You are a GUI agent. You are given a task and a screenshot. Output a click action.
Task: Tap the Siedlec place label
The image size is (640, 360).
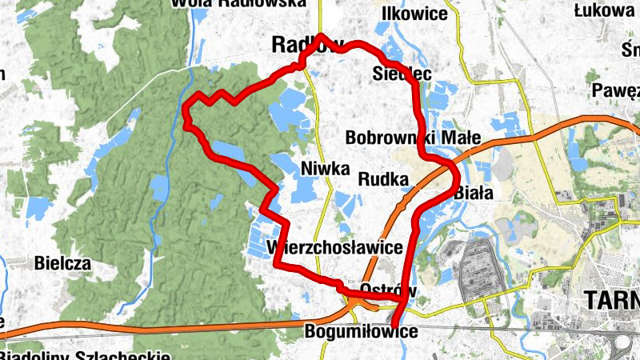tap(402, 74)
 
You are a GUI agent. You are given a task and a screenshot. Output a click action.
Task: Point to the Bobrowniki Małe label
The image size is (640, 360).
tap(413, 138)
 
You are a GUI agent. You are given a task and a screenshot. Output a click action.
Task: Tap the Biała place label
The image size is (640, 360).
tap(473, 192)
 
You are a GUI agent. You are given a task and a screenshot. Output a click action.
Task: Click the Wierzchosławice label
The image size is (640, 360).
tap(335, 247)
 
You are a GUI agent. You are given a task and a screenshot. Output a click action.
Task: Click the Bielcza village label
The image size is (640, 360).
tap(62, 262)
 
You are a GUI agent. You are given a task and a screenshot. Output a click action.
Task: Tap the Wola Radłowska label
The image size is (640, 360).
tap(238, 3)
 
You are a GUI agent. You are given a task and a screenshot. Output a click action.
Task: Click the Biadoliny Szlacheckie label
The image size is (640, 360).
tap(86, 354)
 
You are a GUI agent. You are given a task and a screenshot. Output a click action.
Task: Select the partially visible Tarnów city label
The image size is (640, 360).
tap(612, 300)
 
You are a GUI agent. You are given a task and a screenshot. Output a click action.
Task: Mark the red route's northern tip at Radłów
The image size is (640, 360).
tap(321, 36)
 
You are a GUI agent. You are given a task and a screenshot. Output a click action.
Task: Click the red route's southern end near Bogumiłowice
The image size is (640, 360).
tap(394, 325)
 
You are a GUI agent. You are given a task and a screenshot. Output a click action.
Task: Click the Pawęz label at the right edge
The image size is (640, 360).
tap(616, 90)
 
